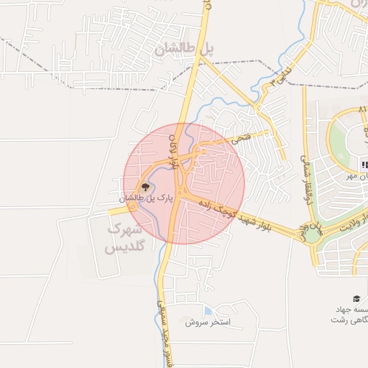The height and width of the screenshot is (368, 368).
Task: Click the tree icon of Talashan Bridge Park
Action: click(145, 187)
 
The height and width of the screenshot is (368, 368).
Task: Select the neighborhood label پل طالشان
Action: click(184, 49)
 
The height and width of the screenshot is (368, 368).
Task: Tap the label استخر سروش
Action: click(207, 322)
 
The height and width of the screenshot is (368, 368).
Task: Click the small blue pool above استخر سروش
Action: click(208, 310)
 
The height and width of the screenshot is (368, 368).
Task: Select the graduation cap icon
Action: click(356, 299)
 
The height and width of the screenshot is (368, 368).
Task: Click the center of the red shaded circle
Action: click(184, 183)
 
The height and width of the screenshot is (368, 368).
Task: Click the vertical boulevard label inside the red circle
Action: click(173, 149)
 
